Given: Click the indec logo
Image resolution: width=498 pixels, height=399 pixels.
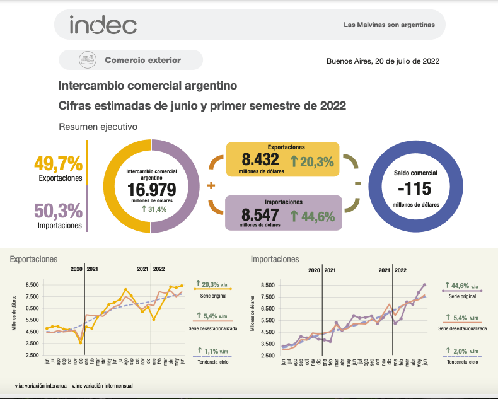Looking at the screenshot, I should coord(103,25).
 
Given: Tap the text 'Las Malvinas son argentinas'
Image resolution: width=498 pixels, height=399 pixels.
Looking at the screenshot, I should coord(390,26).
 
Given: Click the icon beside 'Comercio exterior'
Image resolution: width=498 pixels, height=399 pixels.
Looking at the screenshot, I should coord(87,61).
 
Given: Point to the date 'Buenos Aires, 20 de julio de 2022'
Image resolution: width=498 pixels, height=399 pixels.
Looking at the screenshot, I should coord(383,61).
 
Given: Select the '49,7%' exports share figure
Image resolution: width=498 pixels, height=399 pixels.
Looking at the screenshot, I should coord(59,165).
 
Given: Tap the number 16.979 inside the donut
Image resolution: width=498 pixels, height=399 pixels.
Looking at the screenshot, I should coord(151,190).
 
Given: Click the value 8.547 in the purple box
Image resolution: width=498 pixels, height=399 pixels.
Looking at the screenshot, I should coord(260,215).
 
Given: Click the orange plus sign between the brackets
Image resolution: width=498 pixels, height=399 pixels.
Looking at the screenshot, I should coord(211,185).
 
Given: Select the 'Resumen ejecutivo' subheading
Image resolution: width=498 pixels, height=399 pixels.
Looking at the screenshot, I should coord(98,127).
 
